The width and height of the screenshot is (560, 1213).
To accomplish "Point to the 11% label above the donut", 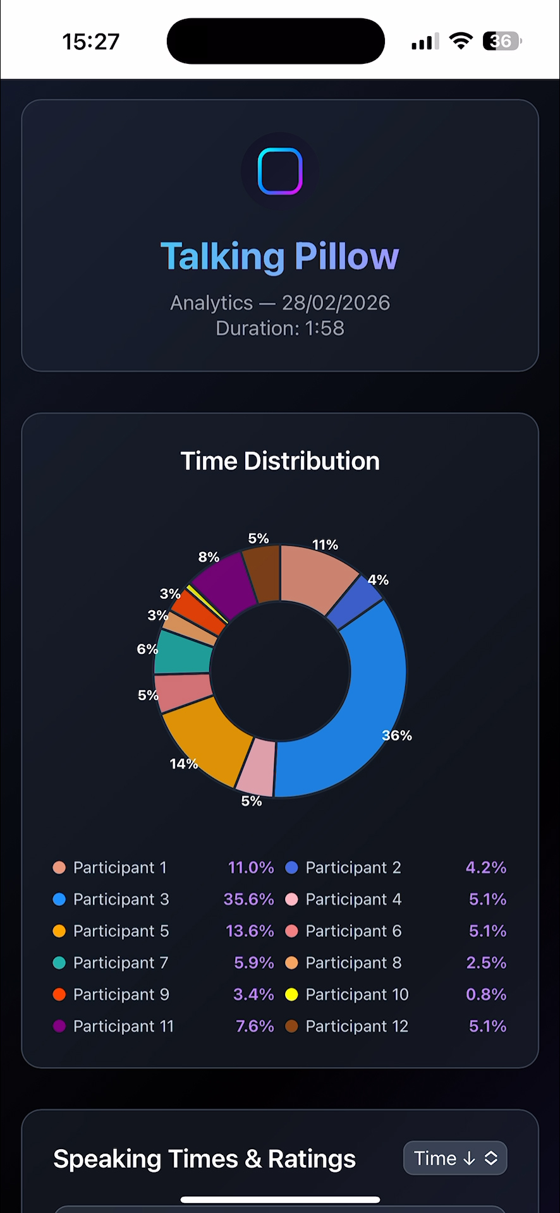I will (x=325, y=545).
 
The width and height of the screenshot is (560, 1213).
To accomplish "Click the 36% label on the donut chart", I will (x=397, y=735).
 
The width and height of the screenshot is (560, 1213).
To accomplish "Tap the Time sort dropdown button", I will (x=455, y=1158).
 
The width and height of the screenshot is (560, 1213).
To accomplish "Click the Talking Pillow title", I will (x=280, y=256).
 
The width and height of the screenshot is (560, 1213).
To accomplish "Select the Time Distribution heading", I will (x=280, y=461).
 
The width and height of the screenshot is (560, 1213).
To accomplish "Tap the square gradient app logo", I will (x=280, y=171).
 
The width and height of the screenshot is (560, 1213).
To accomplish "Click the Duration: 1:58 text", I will (x=280, y=329).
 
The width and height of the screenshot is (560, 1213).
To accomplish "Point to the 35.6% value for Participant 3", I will (x=248, y=899).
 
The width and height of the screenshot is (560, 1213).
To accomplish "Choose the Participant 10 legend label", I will (x=357, y=994).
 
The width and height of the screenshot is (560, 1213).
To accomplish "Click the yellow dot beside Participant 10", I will (x=291, y=994).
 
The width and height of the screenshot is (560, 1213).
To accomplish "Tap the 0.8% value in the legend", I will (x=486, y=994).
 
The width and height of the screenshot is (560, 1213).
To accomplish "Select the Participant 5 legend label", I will (x=121, y=931).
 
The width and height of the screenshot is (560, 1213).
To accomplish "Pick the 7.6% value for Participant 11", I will (x=255, y=1026).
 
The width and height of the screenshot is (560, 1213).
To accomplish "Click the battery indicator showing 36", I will (x=501, y=42).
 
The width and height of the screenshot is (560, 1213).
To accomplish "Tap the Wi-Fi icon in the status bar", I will (x=461, y=41).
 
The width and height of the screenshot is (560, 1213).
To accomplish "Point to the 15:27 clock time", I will (x=90, y=42).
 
